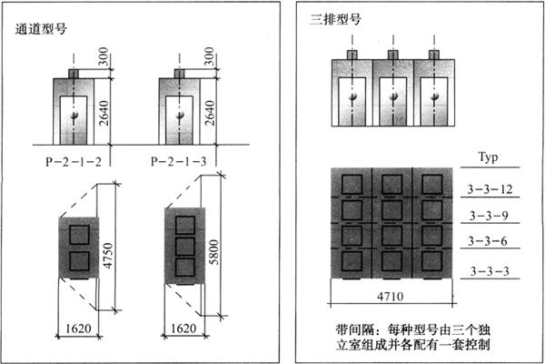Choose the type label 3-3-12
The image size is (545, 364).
[x=491, y=189]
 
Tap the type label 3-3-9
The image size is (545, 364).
[x=491, y=217]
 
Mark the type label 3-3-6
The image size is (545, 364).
[x=491, y=242]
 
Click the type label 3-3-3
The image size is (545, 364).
[x=491, y=270]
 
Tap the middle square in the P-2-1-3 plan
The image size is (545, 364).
[x=184, y=246]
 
